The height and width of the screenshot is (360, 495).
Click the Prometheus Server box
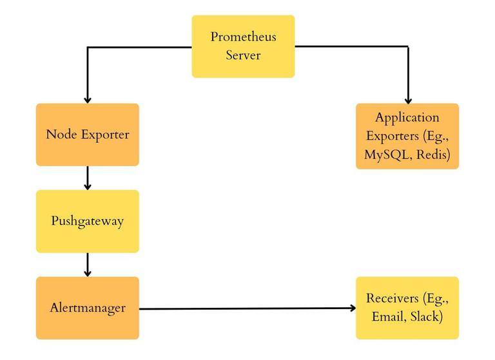coord(243,46)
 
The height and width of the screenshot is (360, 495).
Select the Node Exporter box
coord(87,135)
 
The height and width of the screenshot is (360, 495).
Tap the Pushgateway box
coord(87,221)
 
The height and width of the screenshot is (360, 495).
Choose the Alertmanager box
coord(87,308)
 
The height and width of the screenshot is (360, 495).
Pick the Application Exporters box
coord(407,136)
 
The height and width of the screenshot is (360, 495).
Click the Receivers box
coord(407,308)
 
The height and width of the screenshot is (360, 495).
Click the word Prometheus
coord(243,37)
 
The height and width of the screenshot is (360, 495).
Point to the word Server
coord(243,55)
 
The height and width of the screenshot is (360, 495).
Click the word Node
coord(60,135)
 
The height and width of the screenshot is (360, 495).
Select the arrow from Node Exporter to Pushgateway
coord(87,178)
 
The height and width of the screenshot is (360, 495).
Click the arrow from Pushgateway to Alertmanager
coord(87,264)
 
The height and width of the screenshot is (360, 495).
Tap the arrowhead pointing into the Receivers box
coord(352,308)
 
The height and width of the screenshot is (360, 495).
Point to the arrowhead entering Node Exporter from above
coord(87,99)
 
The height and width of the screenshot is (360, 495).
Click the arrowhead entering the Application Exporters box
coord(407,100)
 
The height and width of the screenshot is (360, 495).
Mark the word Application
coord(407,118)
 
